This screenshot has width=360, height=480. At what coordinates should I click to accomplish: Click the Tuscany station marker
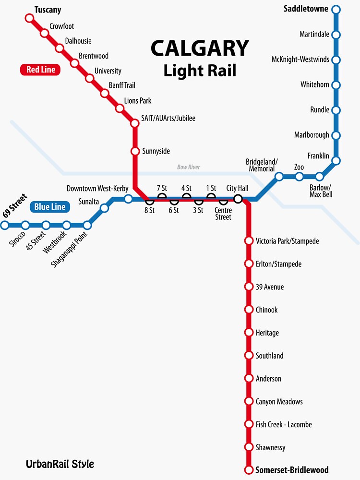30,18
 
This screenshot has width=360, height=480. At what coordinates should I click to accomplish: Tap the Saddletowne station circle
336,9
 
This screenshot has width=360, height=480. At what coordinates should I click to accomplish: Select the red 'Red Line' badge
41,70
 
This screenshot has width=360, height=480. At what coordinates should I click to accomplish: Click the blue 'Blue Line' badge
49,207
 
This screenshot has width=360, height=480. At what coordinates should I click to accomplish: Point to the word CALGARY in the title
200,48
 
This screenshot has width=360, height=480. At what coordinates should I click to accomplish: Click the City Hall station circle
238,199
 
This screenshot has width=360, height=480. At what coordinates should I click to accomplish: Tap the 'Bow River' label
189,167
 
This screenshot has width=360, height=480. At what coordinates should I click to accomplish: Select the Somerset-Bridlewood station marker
249,470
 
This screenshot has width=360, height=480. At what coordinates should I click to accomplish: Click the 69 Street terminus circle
5,225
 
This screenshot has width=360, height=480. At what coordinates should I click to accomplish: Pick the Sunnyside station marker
135,151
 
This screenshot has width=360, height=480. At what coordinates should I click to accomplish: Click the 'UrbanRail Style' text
60,464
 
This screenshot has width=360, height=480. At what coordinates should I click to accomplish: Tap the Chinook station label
267,310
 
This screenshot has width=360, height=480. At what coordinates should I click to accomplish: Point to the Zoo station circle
299,177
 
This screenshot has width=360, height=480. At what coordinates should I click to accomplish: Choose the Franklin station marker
336,160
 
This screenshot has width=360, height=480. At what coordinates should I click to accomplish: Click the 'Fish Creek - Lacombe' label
284,424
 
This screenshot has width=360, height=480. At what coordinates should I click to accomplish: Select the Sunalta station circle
104,208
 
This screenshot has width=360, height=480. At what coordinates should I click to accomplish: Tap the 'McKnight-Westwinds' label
300,60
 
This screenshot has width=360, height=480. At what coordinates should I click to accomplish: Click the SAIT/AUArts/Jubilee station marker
135,123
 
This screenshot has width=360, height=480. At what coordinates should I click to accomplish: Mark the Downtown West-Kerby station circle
128,199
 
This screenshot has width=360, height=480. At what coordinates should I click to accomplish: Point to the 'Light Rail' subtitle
200,71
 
